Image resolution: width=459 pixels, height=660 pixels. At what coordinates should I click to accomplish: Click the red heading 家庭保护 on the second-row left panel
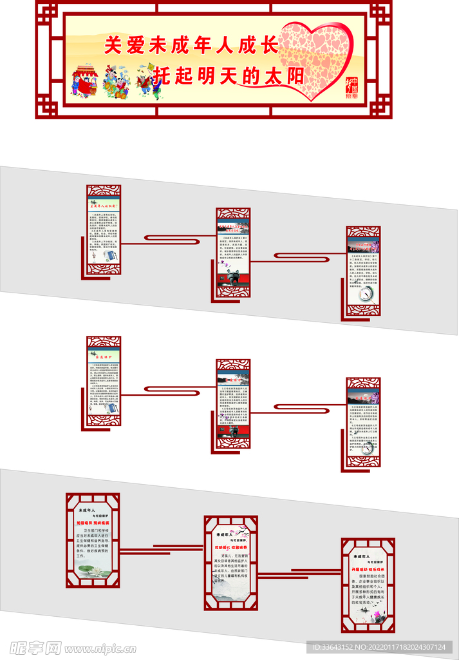(x=103, y=355)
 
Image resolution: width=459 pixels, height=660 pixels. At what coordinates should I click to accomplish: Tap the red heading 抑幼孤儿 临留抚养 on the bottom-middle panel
(x=231, y=547)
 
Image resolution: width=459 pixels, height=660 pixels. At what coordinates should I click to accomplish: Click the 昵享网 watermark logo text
(x=35, y=646)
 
